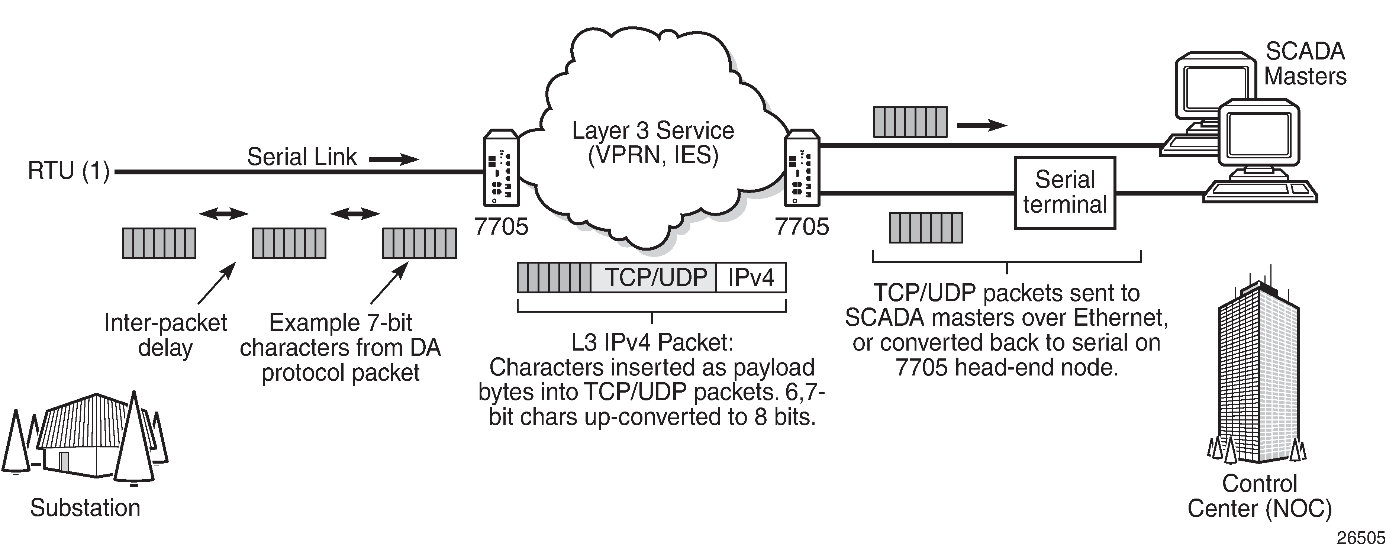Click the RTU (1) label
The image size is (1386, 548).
[68, 171]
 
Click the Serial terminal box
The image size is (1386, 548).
[1065, 193]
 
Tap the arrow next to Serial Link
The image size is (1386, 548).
[394, 159]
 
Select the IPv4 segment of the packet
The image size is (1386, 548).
[751, 277]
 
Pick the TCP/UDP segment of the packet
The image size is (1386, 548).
[655, 277]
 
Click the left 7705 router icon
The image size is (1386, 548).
[501, 168]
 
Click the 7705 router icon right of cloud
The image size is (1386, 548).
[802, 168]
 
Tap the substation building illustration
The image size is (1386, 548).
[86, 436]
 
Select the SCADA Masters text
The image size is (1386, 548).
[1305, 64]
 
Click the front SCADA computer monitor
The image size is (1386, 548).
[1259, 132]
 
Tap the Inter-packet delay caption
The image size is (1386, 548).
[165, 335]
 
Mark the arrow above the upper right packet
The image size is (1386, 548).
[982, 126]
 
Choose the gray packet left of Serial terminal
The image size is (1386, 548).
[925, 228]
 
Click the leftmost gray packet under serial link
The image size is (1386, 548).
[159, 244]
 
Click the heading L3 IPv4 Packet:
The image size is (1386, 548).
[652, 342]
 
